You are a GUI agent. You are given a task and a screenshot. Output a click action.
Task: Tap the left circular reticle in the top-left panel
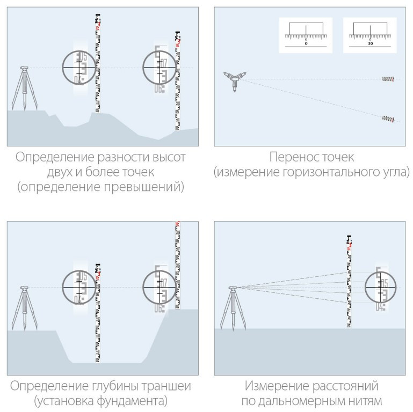(x=78, y=68)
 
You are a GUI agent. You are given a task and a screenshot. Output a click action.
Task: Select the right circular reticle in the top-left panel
(x=160, y=68)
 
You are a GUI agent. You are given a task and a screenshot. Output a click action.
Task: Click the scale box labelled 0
(x=306, y=35)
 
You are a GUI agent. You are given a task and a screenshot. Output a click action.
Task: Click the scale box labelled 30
(x=370, y=35)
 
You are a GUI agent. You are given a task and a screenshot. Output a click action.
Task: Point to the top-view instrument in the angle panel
(x=234, y=79)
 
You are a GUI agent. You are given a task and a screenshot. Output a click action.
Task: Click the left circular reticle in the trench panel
(x=78, y=287)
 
